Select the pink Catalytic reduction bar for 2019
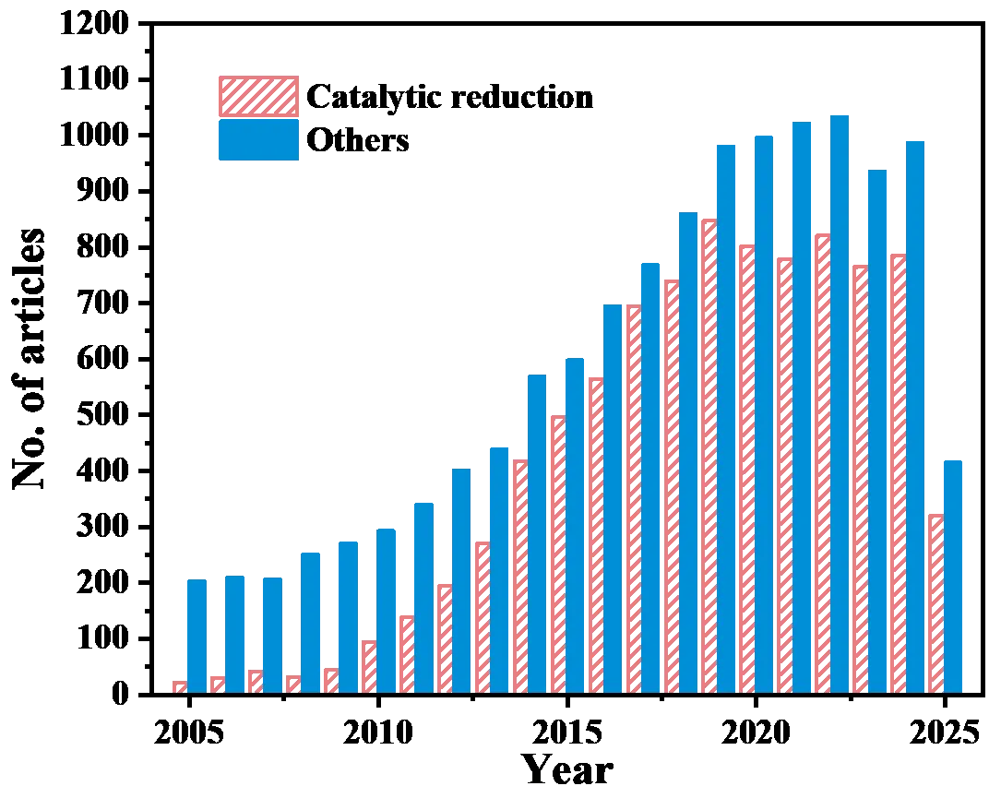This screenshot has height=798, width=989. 709,452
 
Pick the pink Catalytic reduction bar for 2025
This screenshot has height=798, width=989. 935,600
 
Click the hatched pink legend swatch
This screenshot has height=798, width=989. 257,96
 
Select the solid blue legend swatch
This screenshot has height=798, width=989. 257,140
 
